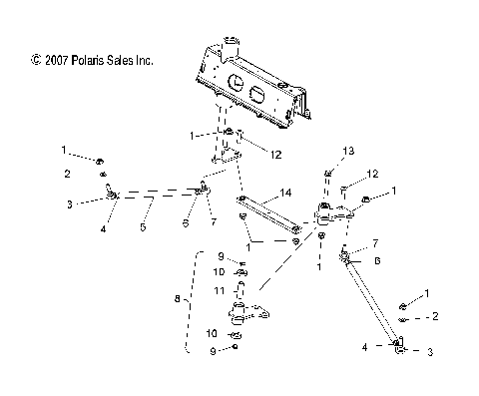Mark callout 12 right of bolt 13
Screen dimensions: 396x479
[x=371, y=174]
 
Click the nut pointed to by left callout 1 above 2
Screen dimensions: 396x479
[x=103, y=160]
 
